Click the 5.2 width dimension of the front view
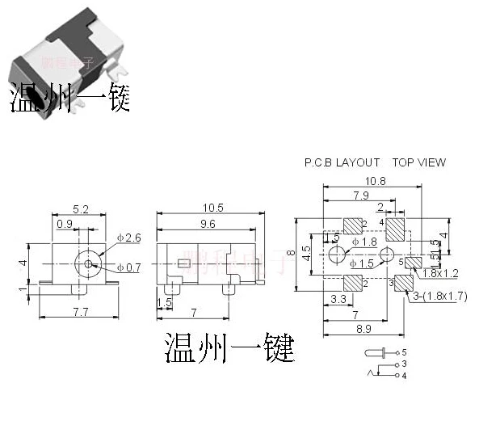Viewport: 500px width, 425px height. pyautogui.click(x=80, y=208)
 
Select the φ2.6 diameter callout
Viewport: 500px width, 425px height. pyautogui.click(x=128, y=238)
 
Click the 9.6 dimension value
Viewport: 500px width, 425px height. pyautogui.click(x=208, y=224)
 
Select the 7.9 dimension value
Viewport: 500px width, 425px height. pyautogui.click(x=360, y=196)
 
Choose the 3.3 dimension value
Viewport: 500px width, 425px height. pyautogui.click(x=339, y=299)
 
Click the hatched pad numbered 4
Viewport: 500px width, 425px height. pyautogui.click(x=397, y=229)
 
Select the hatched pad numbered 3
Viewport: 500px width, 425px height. pyautogui.click(x=404, y=283)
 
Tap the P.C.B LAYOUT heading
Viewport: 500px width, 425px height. pyautogui.click(x=342, y=162)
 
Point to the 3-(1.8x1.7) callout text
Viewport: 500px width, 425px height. pyautogui.click(x=439, y=297)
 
